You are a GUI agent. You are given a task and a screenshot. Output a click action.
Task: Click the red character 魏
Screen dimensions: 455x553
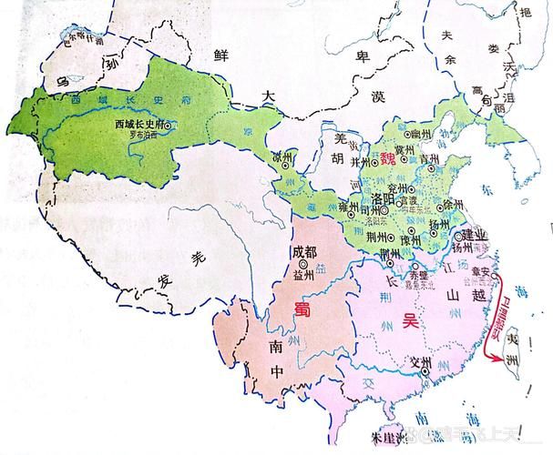(389, 159)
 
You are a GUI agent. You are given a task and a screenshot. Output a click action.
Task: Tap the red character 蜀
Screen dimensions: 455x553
(303, 308)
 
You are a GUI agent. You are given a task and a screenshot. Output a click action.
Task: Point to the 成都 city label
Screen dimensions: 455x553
(304, 253)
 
